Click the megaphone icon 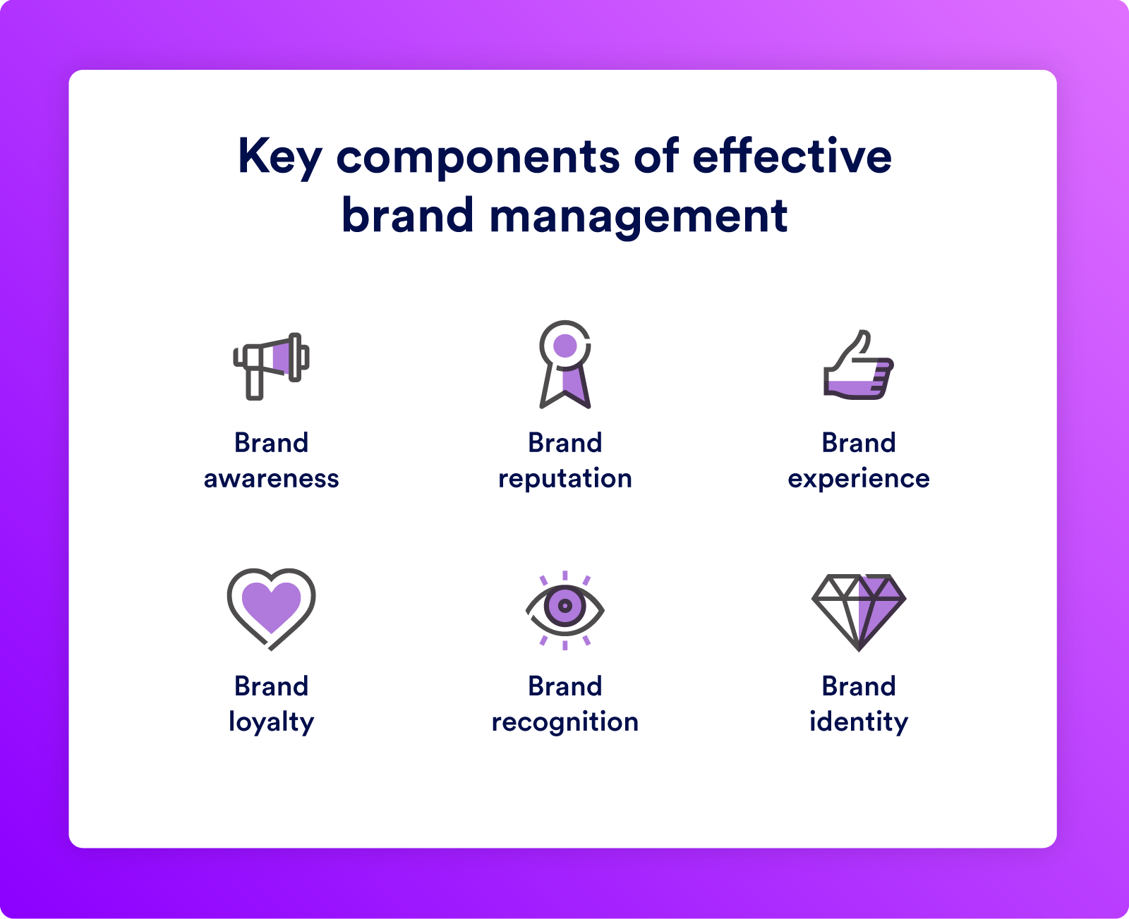click(x=271, y=365)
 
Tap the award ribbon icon click(x=565, y=365)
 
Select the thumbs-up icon click(x=859, y=365)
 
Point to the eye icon click(x=565, y=610)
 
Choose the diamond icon click(x=859, y=612)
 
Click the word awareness click(x=272, y=479)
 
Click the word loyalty click(x=272, y=722)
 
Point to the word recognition click(x=565, y=722)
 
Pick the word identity click(x=859, y=722)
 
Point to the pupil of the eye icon click(x=565, y=605)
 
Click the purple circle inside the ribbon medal click(x=565, y=346)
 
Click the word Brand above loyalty click(x=272, y=686)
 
